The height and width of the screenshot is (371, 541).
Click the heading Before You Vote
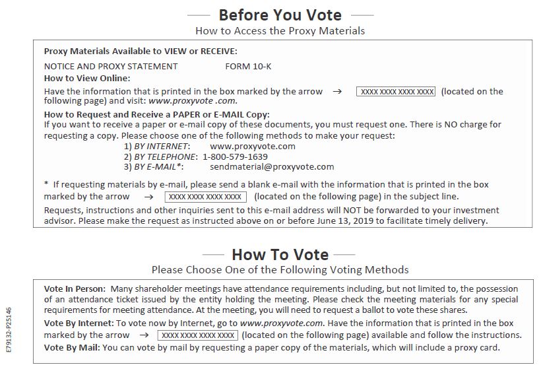(x=280, y=15)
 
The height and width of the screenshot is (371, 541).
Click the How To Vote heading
(x=280, y=254)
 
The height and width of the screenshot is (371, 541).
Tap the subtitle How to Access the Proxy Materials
(x=280, y=30)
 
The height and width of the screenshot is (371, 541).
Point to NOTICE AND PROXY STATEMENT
(x=111, y=66)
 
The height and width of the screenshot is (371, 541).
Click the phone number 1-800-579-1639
(x=235, y=156)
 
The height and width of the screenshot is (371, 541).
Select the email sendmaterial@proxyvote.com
(x=272, y=167)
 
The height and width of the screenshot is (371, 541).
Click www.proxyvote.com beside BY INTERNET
(x=253, y=146)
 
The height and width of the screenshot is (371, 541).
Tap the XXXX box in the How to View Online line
(x=396, y=92)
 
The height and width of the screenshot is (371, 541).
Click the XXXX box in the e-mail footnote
(x=205, y=197)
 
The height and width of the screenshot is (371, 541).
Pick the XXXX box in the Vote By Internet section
(x=197, y=335)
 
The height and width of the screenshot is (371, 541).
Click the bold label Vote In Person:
(x=75, y=288)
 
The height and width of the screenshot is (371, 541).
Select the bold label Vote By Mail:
(x=72, y=347)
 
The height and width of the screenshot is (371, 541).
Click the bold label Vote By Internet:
(x=79, y=323)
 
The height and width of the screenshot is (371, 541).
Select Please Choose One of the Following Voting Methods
(x=280, y=269)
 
